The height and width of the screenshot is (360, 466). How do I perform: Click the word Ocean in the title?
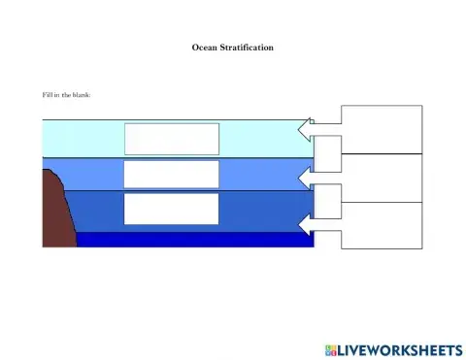(204, 47)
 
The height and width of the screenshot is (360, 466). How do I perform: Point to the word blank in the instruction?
(80, 94)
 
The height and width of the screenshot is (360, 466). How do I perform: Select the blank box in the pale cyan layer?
(171, 138)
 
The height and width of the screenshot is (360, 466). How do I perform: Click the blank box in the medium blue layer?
(171, 175)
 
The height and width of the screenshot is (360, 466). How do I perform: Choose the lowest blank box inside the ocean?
(171, 209)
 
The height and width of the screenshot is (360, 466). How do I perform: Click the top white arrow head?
(306, 130)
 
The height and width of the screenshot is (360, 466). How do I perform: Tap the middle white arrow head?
(306, 178)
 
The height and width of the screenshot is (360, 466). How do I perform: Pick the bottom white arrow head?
(306, 225)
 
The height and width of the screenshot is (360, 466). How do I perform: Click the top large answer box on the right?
(382, 129)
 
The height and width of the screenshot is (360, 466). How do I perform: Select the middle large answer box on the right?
(382, 178)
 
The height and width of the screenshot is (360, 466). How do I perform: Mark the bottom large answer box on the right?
(382, 225)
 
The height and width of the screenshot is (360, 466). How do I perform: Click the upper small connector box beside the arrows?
(328, 153)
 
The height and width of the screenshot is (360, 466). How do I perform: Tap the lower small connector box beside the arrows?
(328, 201)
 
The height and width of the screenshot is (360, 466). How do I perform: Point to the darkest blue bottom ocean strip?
(194, 240)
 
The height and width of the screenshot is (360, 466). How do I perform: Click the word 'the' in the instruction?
(64, 94)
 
